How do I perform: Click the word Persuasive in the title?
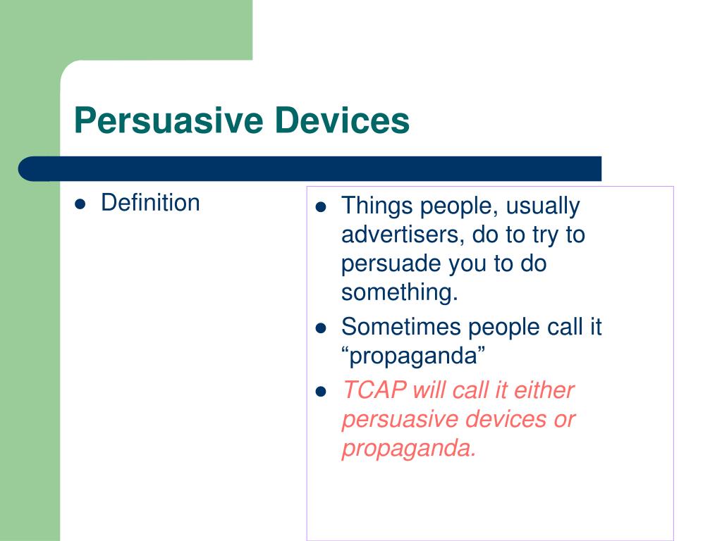169,120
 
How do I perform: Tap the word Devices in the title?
342,120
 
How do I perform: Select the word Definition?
151,202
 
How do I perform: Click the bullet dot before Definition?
80,204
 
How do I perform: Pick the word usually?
543,206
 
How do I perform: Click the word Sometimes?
401,327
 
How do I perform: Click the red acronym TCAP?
375,390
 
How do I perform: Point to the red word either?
544,390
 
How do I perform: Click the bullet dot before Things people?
321,207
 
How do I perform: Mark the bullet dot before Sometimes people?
321,328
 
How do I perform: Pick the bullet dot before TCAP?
321,392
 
